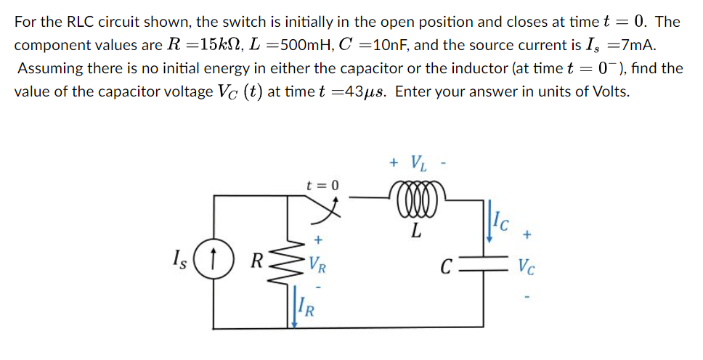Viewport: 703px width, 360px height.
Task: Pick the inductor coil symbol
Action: click(415, 200)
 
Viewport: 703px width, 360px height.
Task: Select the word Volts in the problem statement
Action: click(609, 93)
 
